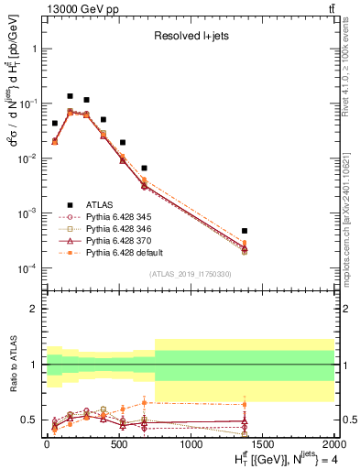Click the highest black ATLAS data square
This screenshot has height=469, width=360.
tap(70, 96)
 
